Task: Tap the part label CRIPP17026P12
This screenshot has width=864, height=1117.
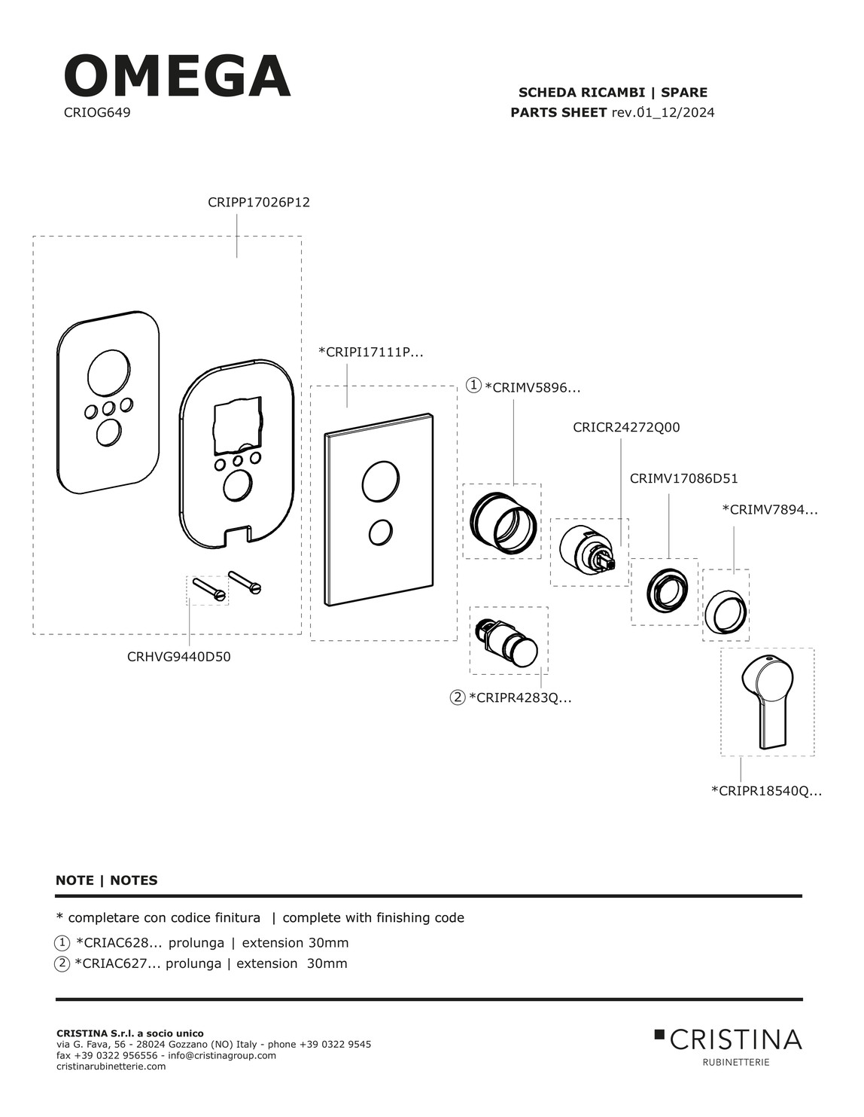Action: [258, 203]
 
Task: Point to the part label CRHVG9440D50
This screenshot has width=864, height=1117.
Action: [179, 656]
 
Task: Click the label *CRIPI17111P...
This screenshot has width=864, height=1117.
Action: [371, 352]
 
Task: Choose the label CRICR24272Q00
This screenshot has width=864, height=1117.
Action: [626, 427]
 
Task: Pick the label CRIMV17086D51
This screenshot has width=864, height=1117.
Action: [683, 478]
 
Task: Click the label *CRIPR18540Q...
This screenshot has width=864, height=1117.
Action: [766, 791]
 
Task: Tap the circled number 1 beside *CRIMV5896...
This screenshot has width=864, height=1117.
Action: [473, 386]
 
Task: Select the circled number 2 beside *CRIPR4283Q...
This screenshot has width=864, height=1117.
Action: [458, 697]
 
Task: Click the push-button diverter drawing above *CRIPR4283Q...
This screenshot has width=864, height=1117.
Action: [509, 640]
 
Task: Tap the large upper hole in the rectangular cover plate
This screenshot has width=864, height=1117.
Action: [381, 481]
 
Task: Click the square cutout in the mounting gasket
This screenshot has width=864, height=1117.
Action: [237, 426]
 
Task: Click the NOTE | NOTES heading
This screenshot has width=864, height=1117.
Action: [107, 880]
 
